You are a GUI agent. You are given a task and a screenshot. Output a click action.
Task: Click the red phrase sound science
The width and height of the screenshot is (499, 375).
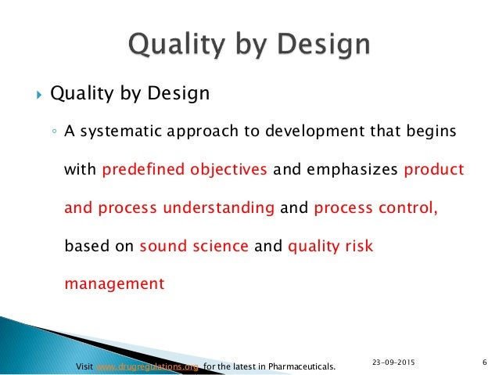coord(193,246)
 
